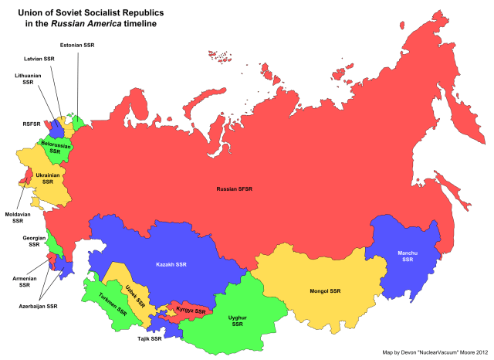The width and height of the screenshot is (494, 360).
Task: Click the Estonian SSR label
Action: coord(76,46)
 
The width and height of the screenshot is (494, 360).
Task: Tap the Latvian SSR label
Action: coord(39,59)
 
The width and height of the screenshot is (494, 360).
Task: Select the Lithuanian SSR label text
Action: coord(28,78)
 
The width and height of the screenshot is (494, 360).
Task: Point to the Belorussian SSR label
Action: coord(55,148)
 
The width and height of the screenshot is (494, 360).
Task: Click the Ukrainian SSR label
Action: coord(48,178)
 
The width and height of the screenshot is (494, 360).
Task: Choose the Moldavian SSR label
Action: coord(17,217)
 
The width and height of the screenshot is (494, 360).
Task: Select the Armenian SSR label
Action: coord(19,281)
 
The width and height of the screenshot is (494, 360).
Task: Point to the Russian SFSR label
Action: coord(235,189)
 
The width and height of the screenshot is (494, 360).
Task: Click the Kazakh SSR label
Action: coord(171,265)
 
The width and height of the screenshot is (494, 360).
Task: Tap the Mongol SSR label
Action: coord(323,291)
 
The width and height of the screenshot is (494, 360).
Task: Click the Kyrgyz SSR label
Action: coord(191,311)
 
